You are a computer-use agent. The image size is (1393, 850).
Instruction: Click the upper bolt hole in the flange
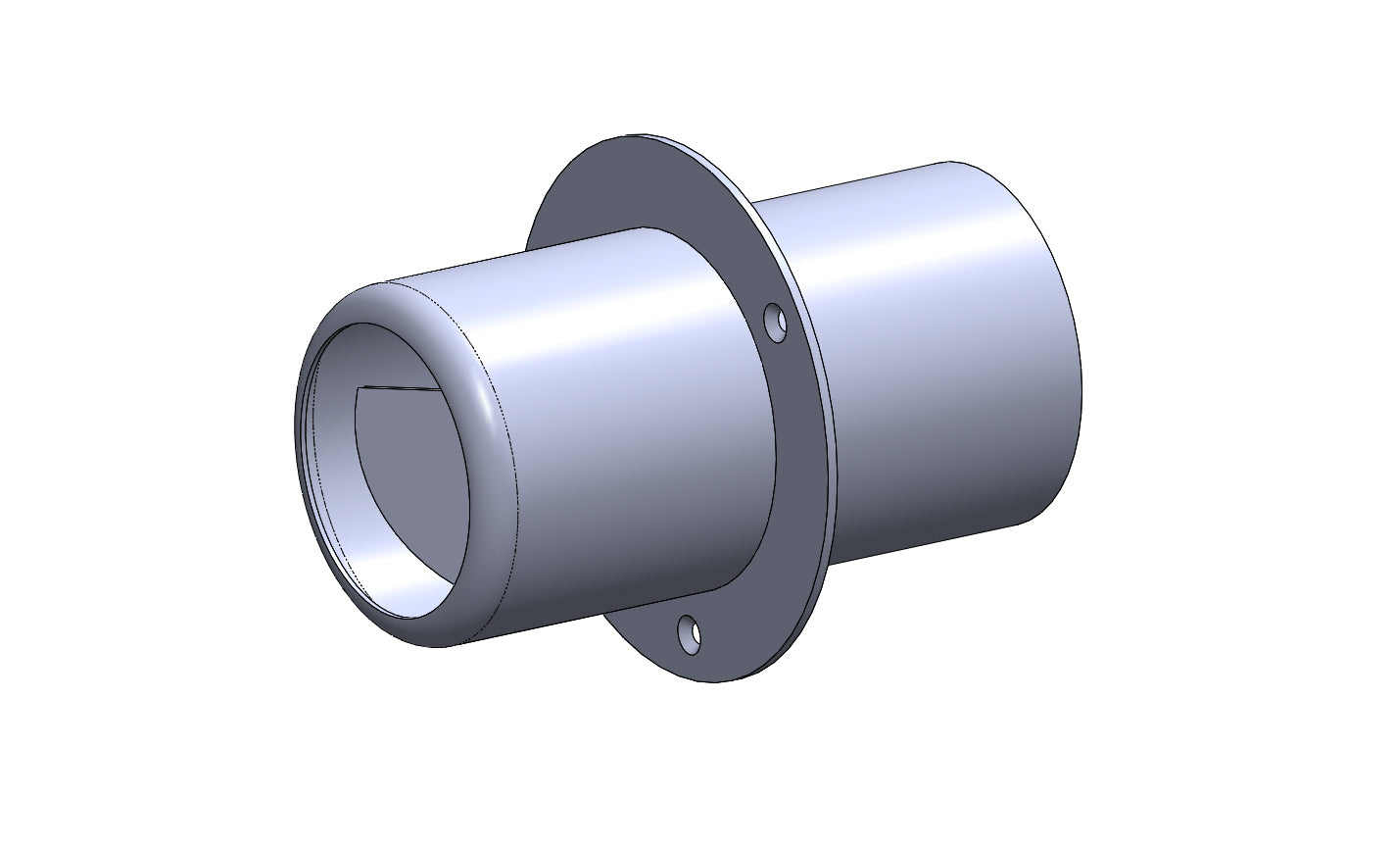point(776,323)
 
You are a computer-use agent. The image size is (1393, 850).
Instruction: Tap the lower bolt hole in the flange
point(690,634)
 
